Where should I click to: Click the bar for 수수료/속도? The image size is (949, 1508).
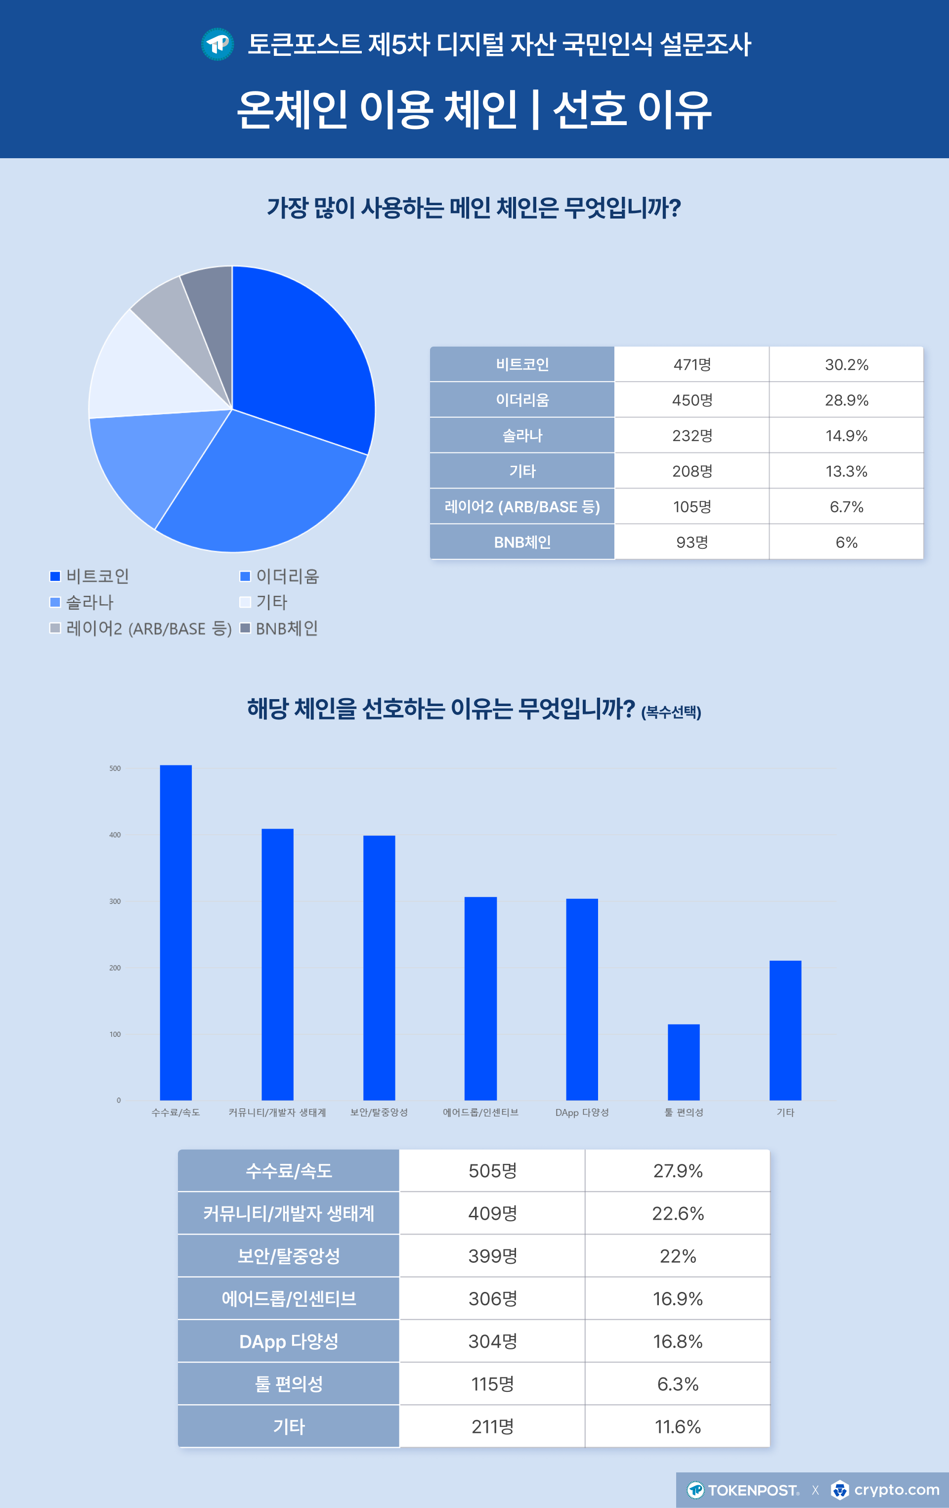176,933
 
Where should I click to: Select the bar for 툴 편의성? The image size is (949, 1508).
684,1062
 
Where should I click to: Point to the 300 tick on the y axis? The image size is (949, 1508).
115,901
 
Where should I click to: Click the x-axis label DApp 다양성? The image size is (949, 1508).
582,1112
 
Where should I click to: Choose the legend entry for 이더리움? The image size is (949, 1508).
280,576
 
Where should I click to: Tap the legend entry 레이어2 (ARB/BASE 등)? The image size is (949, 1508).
141,628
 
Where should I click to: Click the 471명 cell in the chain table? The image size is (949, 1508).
691,364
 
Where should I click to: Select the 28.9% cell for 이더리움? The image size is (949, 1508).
846,400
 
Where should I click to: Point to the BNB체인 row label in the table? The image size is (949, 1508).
522,542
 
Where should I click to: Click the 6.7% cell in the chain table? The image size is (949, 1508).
846,507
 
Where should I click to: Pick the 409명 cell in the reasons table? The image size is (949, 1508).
493,1213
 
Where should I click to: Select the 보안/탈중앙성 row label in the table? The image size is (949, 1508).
289,1256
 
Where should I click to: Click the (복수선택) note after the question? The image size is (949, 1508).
671,712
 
